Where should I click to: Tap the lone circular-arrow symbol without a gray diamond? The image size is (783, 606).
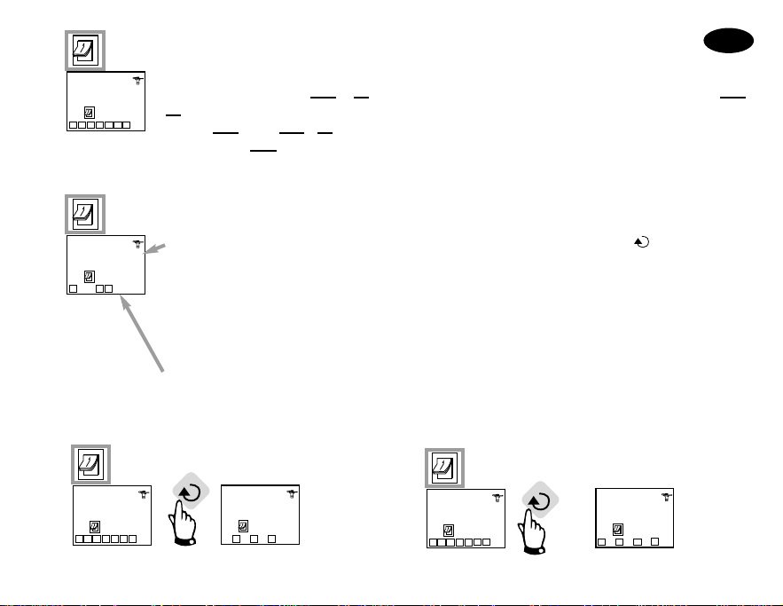point(638,240)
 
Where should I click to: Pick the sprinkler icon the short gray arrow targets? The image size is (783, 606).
point(137,243)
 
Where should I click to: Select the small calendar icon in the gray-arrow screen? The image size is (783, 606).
point(89,275)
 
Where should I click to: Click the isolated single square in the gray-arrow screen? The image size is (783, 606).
point(73,288)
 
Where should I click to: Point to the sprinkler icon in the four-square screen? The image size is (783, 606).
point(666,499)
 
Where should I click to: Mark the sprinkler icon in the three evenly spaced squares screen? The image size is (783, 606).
point(292,496)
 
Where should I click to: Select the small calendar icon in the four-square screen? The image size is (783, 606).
point(618,529)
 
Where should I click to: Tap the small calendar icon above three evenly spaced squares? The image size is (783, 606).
point(243,524)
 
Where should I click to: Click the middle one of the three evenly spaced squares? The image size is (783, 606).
point(254,539)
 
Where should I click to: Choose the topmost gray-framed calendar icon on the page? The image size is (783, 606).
point(87,51)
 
